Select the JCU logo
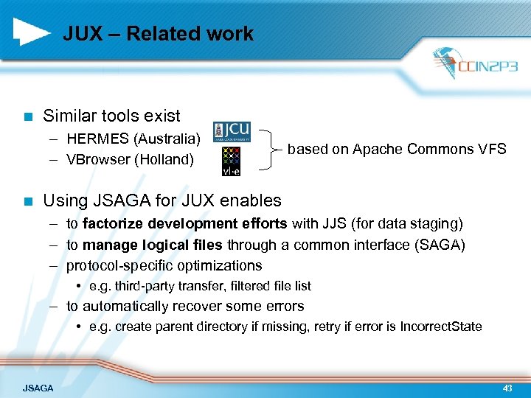(x=232, y=131)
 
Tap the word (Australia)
(x=167, y=139)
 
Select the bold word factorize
(x=112, y=223)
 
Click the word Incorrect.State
(x=440, y=327)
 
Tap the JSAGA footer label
(x=38, y=387)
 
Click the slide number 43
(x=507, y=387)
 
